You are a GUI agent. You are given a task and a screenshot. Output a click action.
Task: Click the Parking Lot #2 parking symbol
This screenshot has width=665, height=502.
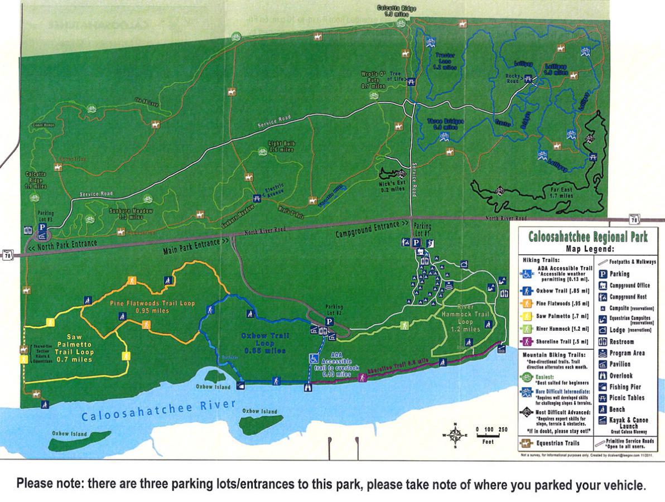pos(329,321)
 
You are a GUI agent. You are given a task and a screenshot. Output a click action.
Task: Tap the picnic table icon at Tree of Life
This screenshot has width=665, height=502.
pos(411,81)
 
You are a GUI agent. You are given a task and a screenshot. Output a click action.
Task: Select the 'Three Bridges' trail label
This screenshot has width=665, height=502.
pos(442,123)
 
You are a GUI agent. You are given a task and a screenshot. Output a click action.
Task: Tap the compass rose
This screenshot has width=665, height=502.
pos(456,434)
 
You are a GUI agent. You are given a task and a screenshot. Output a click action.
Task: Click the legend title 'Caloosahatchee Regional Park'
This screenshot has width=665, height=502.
pos(588,237)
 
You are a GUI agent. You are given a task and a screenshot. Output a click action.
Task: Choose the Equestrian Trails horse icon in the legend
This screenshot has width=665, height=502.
pos(525,443)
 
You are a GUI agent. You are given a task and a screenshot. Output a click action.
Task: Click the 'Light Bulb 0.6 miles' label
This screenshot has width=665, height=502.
pos(281,146)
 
